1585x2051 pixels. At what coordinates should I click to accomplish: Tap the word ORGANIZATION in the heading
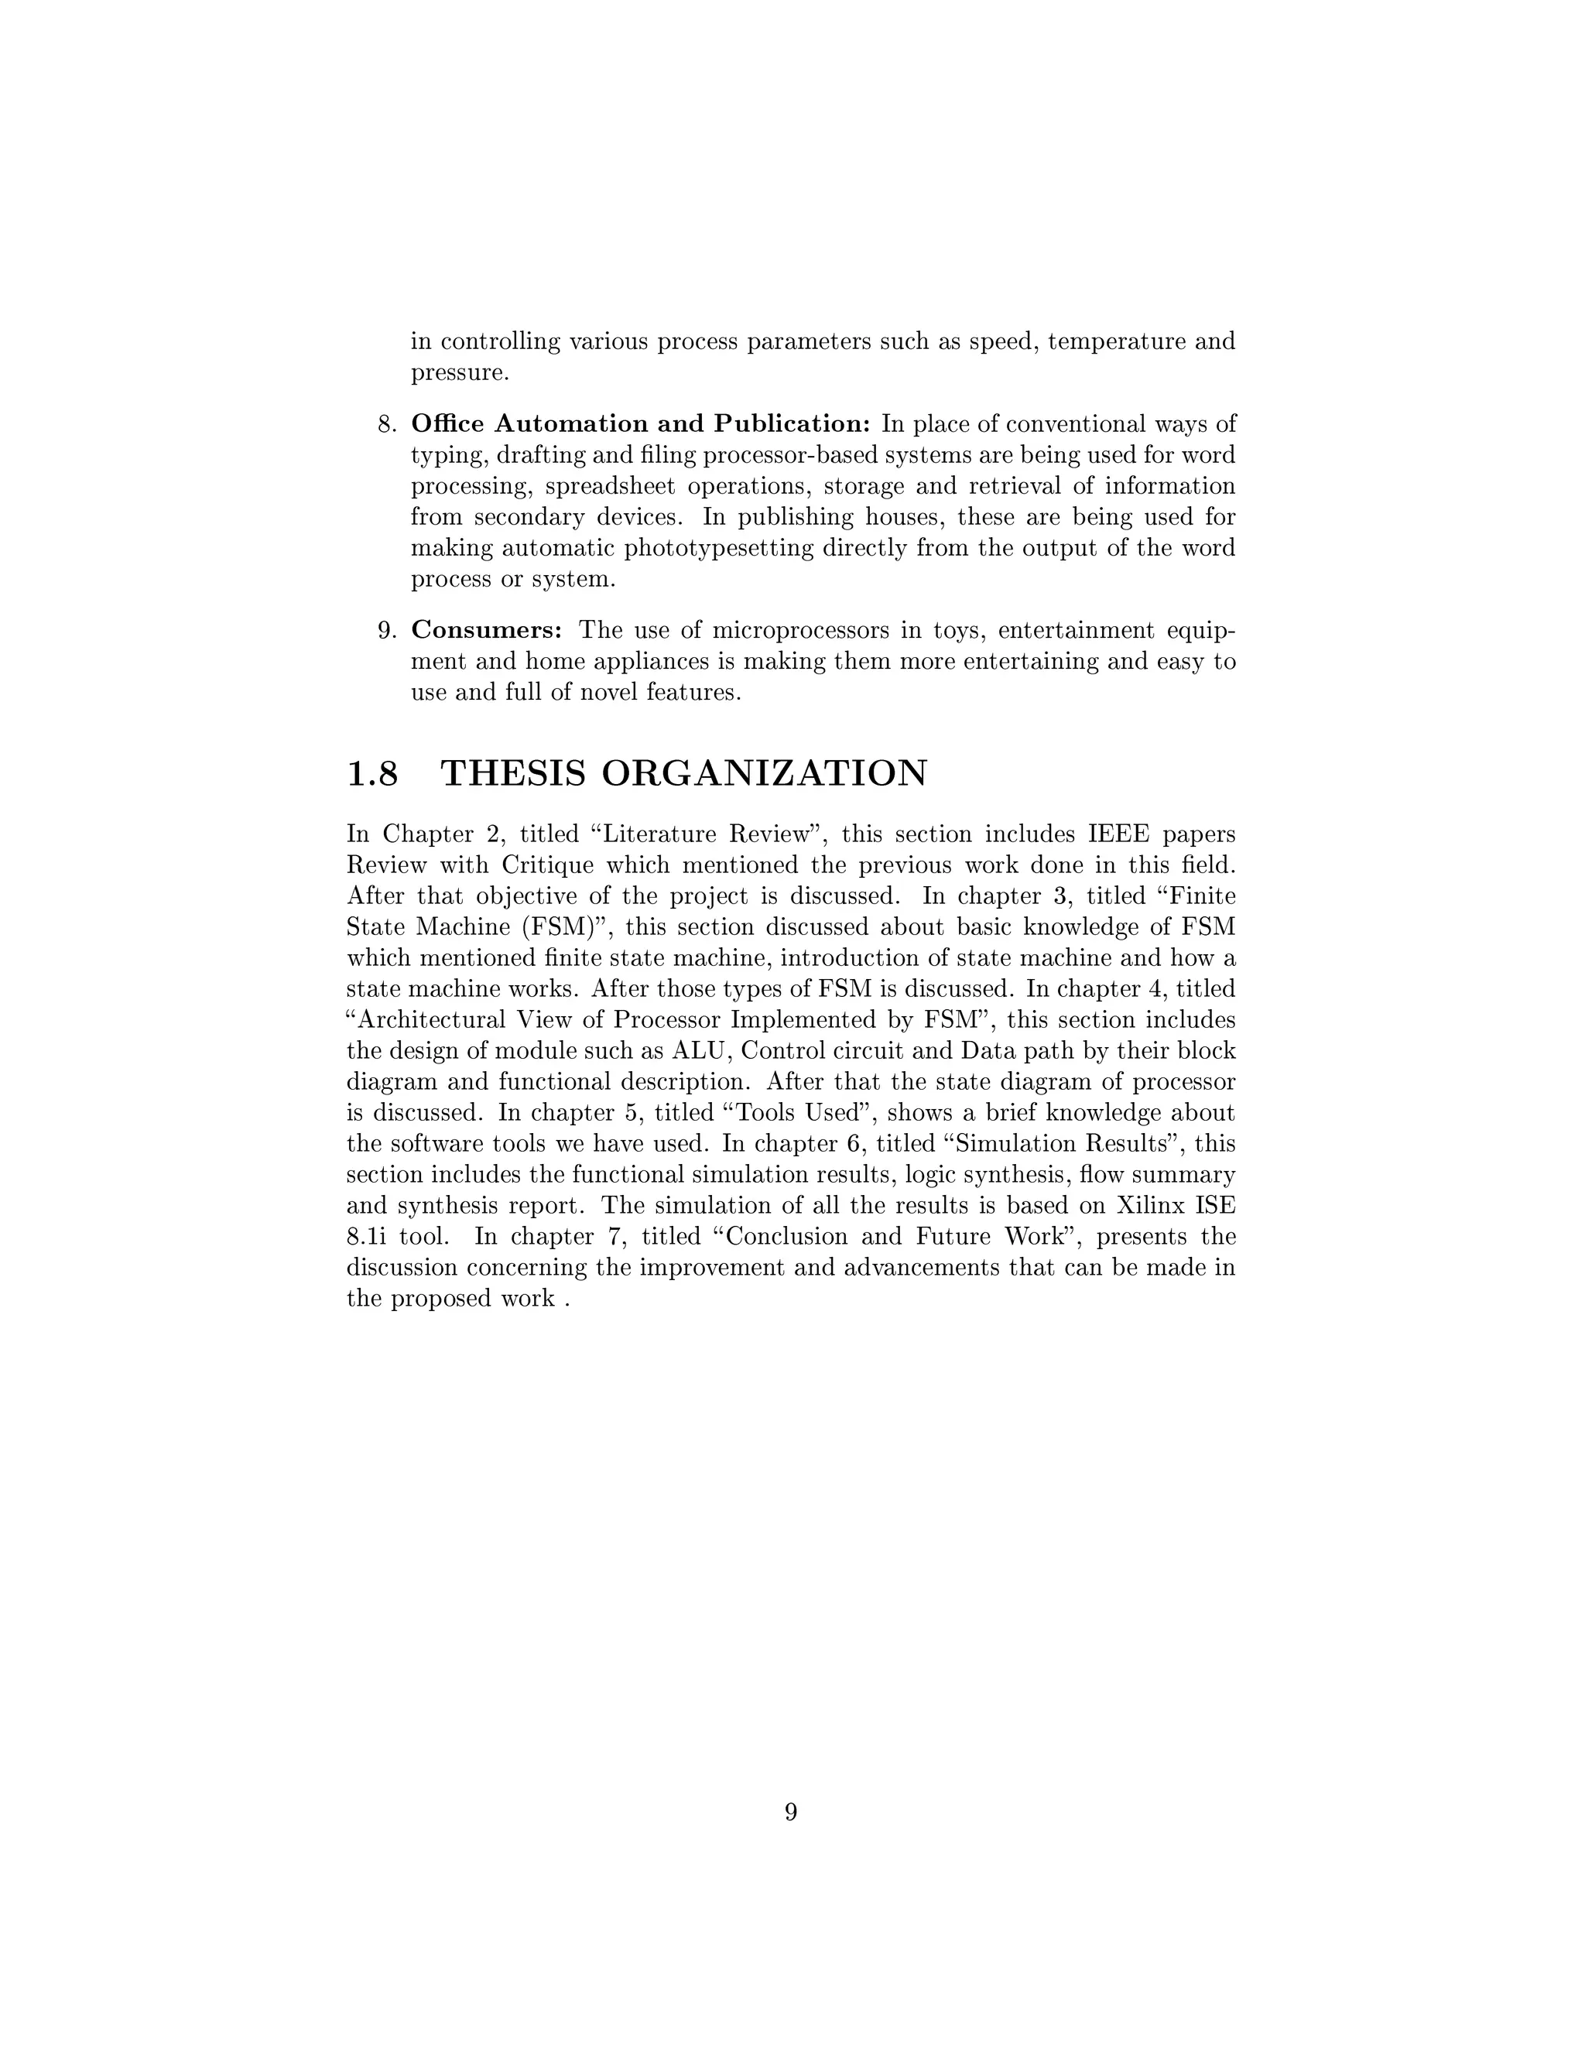point(763,774)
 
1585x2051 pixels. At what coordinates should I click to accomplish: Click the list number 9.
point(387,630)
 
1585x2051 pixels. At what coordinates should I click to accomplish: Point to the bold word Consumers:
point(486,630)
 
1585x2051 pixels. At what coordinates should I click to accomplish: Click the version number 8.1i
point(366,1237)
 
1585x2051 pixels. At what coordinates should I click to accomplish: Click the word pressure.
point(459,374)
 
